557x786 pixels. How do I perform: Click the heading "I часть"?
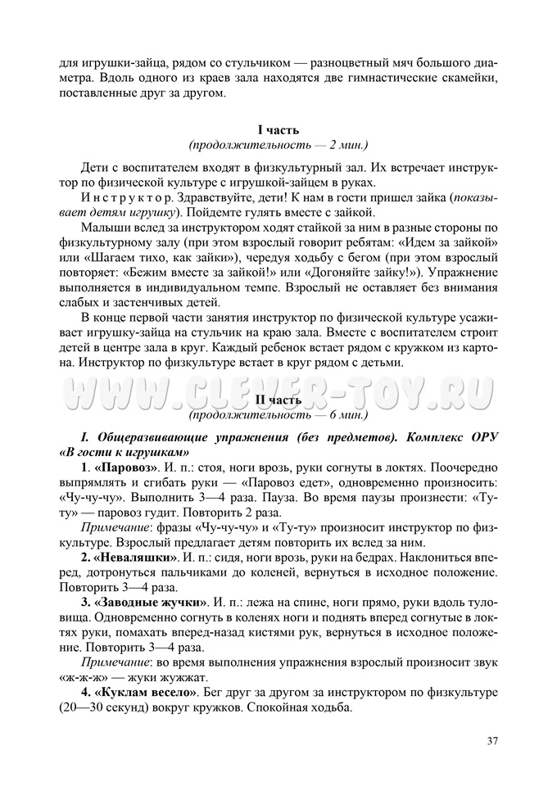click(278, 129)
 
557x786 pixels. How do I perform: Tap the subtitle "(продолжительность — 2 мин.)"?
click(278, 145)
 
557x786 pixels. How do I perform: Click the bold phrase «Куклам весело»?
click(147, 692)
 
